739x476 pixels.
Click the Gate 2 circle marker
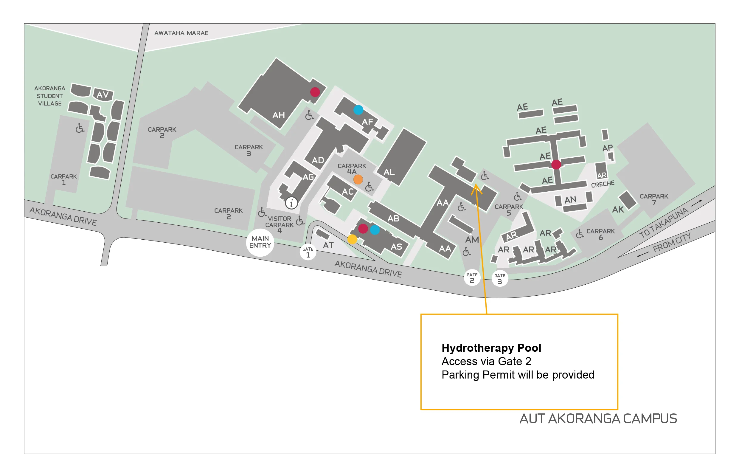(x=472, y=277)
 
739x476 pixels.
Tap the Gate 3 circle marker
(x=499, y=278)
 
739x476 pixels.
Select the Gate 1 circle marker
(x=308, y=252)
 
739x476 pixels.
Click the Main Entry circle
(x=260, y=242)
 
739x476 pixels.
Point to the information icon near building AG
(x=291, y=203)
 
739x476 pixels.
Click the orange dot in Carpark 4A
(x=358, y=179)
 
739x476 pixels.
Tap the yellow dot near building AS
(x=352, y=239)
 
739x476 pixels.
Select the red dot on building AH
(x=315, y=92)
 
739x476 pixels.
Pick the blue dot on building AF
(x=358, y=110)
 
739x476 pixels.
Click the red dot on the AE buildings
(x=556, y=165)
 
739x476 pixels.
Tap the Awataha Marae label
(x=181, y=33)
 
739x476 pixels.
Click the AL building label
(x=389, y=172)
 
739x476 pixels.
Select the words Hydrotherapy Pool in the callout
(x=491, y=348)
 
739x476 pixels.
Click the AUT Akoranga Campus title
(x=598, y=419)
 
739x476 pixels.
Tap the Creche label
(x=603, y=184)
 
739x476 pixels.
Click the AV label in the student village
(x=103, y=94)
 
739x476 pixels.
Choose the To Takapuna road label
(x=664, y=223)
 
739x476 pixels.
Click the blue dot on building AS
(x=375, y=230)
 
